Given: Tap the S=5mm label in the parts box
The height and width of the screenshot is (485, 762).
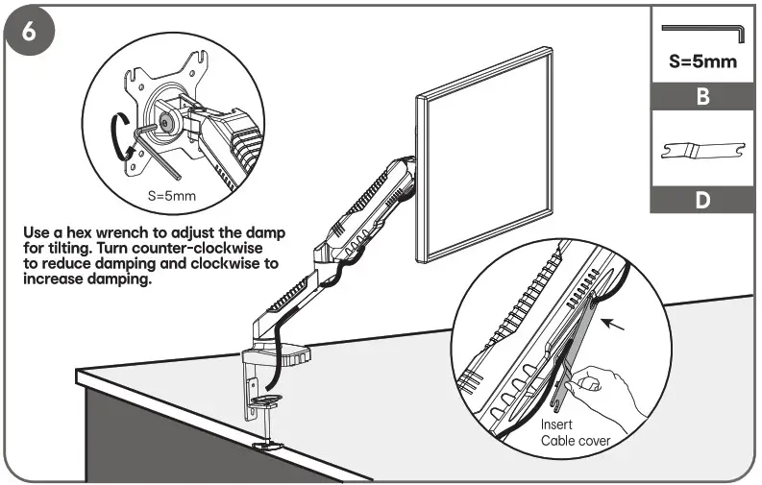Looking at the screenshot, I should (x=702, y=62).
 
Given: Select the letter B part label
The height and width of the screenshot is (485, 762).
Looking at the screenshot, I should (x=702, y=98).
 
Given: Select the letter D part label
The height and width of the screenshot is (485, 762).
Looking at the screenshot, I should (x=702, y=201).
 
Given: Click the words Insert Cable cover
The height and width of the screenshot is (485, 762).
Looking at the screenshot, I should (x=575, y=432).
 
